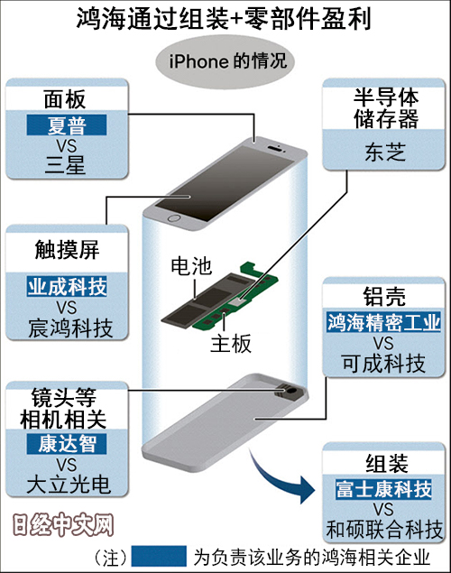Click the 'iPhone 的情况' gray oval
click(x=225, y=61)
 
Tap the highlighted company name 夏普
click(x=67, y=125)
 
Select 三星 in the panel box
click(x=65, y=165)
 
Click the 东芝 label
click(x=385, y=152)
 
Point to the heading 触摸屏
click(x=67, y=250)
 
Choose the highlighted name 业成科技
click(x=67, y=286)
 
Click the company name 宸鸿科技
click(x=70, y=328)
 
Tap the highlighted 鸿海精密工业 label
click(x=383, y=322)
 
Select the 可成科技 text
click(x=383, y=364)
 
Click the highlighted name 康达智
click(x=67, y=444)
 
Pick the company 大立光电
click(x=69, y=485)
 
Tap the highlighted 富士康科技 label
click(x=383, y=489)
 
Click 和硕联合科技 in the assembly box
click(x=384, y=530)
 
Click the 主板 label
click(x=231, y=344)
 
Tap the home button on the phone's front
click(x=174, y=218)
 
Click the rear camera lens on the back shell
click(x=291, y=391)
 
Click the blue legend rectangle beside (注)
click(x=160, y=556)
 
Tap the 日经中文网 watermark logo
click(x=63, y=525)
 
